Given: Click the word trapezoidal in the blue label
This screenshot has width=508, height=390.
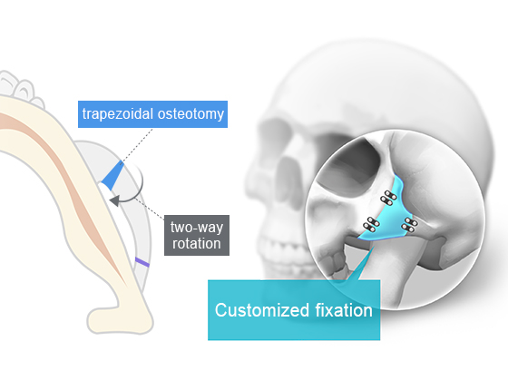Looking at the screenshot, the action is (118, 114).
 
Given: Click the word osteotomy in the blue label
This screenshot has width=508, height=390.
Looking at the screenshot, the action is (190, 114).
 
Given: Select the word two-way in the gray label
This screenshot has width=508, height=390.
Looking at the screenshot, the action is (197, 228).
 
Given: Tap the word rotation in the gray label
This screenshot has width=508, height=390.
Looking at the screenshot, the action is (197, 244).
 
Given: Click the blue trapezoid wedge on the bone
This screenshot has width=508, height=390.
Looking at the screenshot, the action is (112, 176).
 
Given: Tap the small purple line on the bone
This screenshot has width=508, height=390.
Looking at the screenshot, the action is (142, 262).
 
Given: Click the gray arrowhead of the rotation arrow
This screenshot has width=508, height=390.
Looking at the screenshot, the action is (114, 200).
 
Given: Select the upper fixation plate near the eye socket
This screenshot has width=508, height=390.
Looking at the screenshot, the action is (388, 198).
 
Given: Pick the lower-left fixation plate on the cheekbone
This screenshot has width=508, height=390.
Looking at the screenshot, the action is (371, 224).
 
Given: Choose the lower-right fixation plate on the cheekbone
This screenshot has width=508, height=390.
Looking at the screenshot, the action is (410, 225).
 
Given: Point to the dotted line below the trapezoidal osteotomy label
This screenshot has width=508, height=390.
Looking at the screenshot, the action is (137, 145).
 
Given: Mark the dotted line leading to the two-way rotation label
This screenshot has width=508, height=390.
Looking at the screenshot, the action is (150, 208).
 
